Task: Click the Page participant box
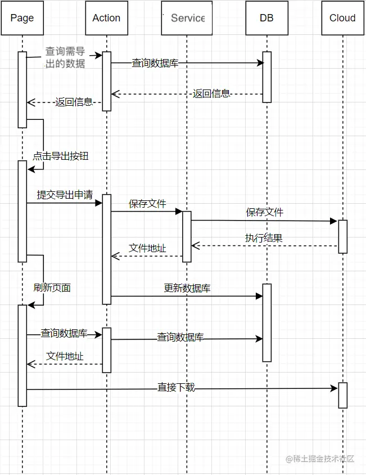click(22, 18)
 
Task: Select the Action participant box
click(106, 18)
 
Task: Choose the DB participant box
click(266, 18)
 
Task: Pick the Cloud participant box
click(342, 18)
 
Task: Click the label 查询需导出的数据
click(65, 57)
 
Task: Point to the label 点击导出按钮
click(61, 156)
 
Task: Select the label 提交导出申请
click(65, 195)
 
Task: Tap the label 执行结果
click(264, 238)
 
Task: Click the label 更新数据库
click(187, 288)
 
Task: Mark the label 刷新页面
click(52, 288)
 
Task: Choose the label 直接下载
click(176, 387)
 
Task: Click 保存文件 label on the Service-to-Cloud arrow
click(264, 212)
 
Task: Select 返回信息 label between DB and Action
click(211, 94)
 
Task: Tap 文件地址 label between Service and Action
click(147, 248)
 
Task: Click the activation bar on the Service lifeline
click(187, 236)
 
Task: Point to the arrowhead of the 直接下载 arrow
click(335, 388)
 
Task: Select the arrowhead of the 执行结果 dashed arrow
click(195, 246)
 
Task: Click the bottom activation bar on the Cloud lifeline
click(342, 395)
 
